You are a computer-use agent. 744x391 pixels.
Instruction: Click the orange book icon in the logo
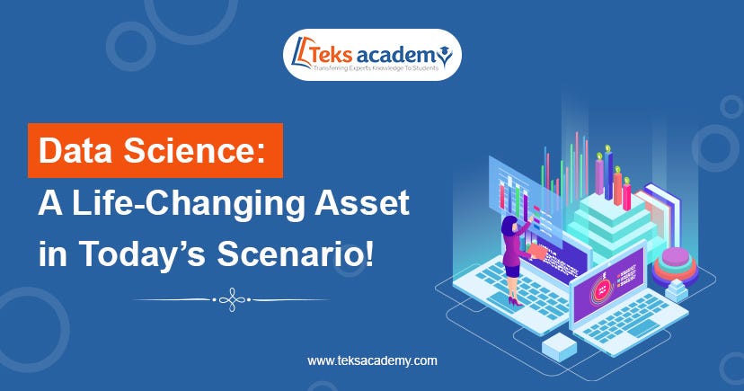[x=301, y=55]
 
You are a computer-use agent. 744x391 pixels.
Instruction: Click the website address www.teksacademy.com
[x=372, y=360]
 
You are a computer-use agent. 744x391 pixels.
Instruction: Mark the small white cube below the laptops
[x=559, y=343]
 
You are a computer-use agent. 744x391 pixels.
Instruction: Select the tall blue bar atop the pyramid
[x=610, y=175]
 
